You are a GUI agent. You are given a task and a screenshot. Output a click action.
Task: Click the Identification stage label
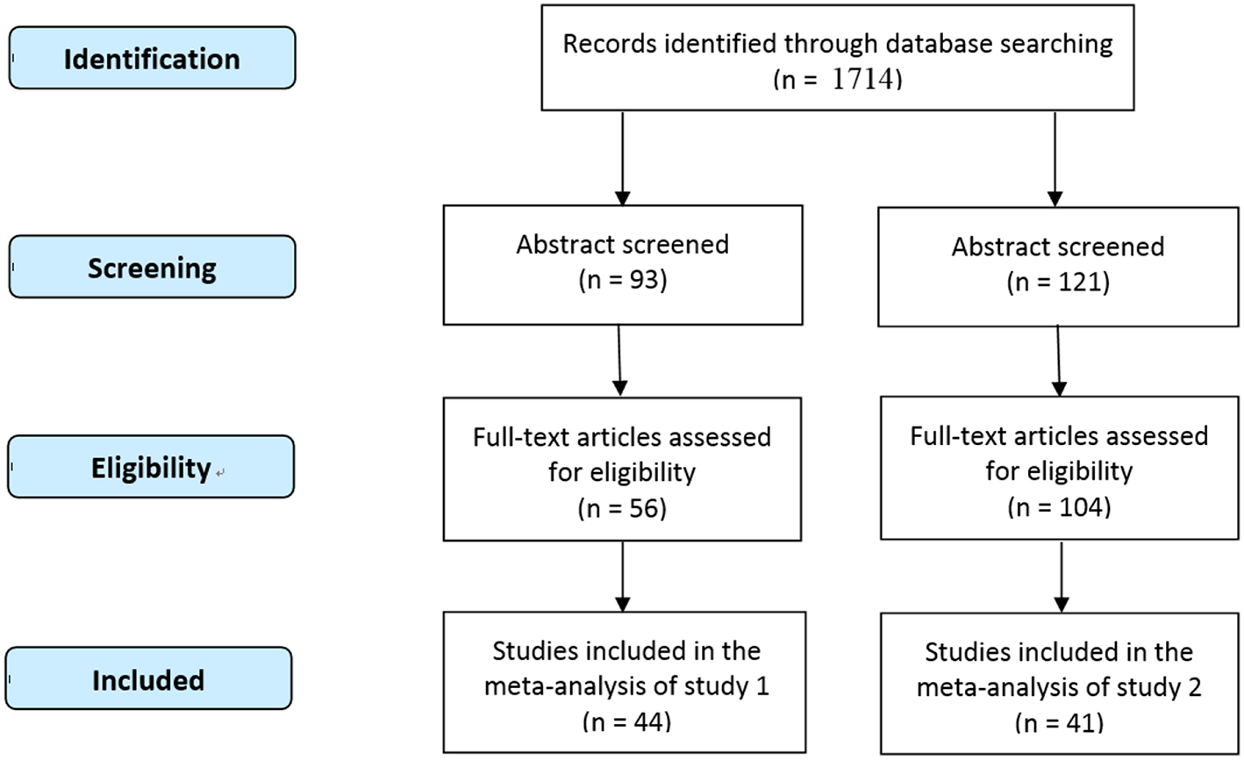click(x=152, y=59)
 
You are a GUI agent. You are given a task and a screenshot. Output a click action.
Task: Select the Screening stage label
click(x=152, y=268)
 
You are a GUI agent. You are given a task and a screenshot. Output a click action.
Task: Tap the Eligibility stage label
click(x=151, y=468)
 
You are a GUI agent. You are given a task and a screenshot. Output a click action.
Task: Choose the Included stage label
click(x=148, y=679)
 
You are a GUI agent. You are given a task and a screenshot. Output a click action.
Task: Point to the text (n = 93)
click(x=623, y=282)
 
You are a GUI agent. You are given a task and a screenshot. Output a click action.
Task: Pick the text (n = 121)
click(x=1058, y=283)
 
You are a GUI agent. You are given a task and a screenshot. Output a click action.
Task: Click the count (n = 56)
click(x=623, y=508)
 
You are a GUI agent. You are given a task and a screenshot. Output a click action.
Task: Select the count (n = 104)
click(x=1059, y=507)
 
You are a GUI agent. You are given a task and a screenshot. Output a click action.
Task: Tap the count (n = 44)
click(x=626, y=721)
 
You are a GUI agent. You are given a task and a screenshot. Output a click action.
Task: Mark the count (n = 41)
click(x=1059, y=723)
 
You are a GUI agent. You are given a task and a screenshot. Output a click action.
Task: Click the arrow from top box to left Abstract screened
click(x=622, y=158)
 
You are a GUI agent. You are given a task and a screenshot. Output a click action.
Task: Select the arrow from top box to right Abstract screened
click(x=1055, y=158)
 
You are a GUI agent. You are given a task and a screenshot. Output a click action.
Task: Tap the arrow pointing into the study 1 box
click(x=623, y=576)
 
